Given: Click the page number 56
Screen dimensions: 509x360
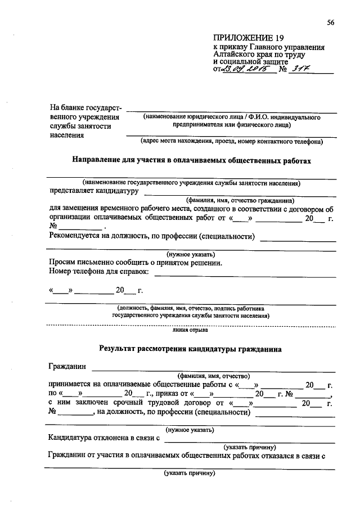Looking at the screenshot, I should (x=330, y=22).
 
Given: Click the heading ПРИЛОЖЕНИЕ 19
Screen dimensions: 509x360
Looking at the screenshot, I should (x=246, y=38).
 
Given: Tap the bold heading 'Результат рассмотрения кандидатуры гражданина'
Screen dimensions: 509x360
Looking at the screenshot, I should (x=190, y=349).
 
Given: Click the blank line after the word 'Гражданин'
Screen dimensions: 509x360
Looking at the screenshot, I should (x=214, y=370).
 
